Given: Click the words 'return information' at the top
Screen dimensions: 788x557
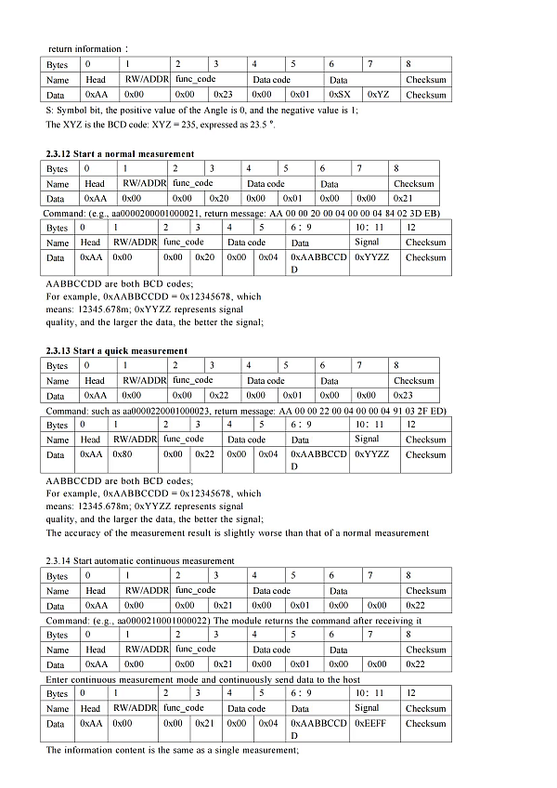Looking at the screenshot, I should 84,48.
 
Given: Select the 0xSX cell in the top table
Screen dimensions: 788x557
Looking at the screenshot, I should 340,95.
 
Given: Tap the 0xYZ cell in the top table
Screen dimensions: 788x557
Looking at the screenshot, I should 378,95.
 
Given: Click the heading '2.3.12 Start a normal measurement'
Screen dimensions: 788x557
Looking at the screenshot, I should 120,153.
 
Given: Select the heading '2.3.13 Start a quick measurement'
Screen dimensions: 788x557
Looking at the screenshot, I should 117,350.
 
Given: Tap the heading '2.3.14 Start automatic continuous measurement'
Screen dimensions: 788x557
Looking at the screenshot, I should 140,560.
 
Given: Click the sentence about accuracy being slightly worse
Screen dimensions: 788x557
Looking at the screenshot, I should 238,532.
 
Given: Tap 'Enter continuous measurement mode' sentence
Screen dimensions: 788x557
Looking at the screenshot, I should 126,679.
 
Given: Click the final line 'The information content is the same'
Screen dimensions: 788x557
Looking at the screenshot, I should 172,750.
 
